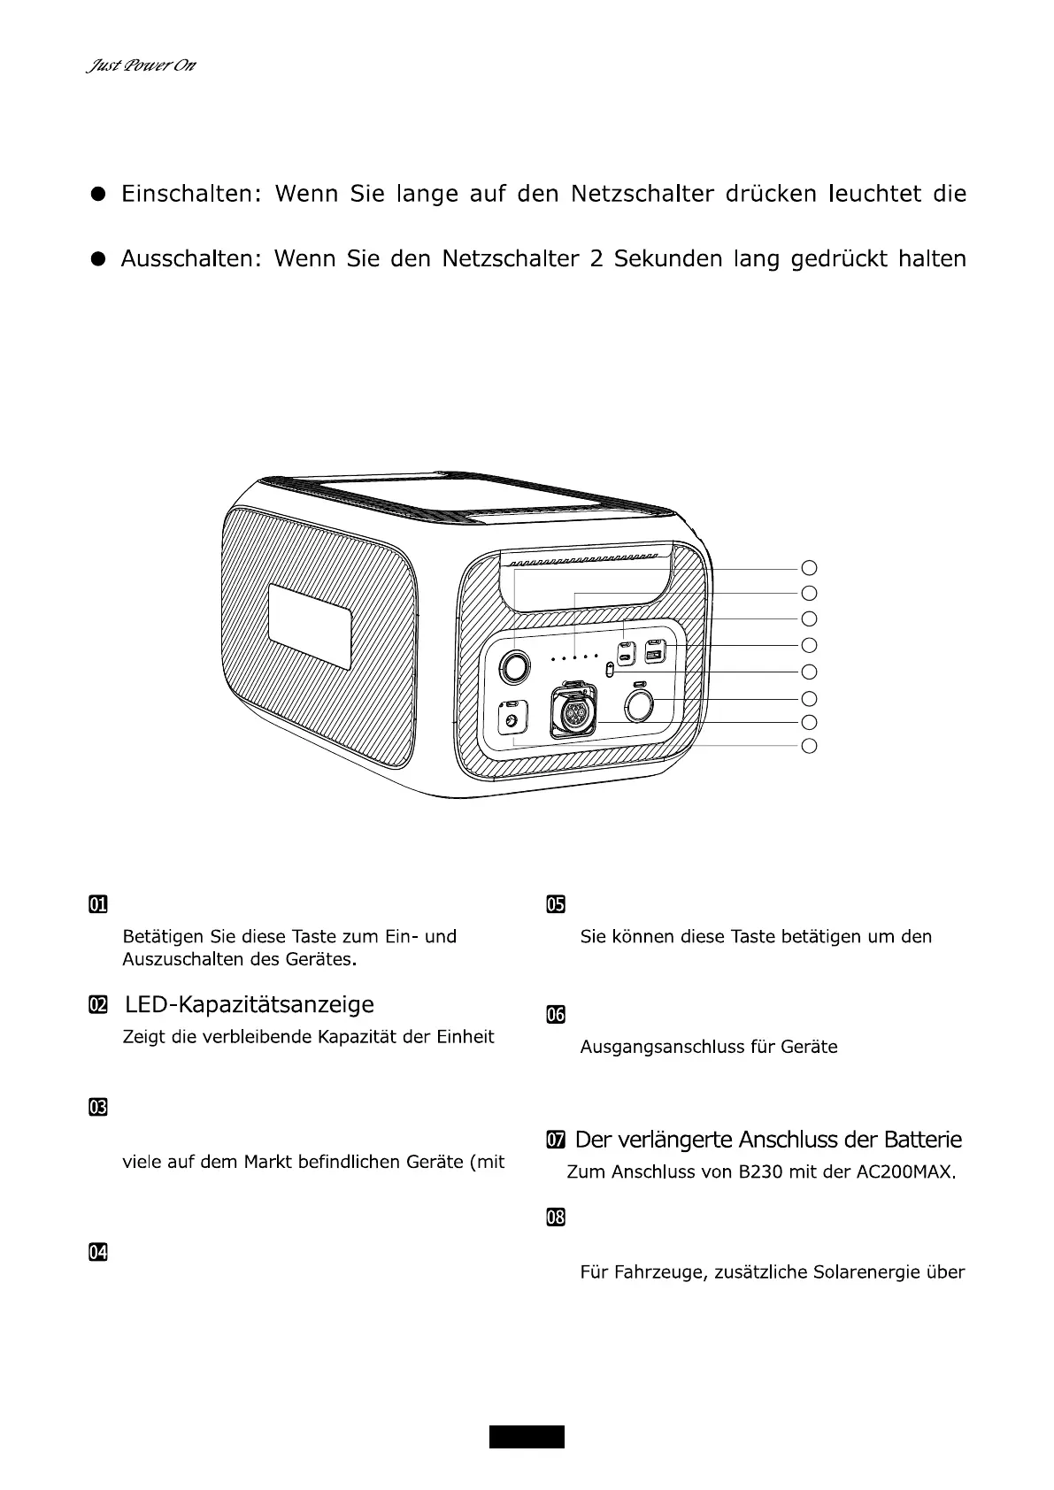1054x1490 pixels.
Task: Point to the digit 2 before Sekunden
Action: pyautogui.click(x=595, y=259)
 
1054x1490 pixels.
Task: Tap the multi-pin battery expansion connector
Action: pyautogui.click(x=574, y=713)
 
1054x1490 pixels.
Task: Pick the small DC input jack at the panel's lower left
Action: pyautogui.click(x=511, y=721)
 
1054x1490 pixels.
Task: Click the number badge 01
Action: pyautogui.click(x=97, y=904)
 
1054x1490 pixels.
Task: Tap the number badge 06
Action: pyautogui.click(x=555, y=1015)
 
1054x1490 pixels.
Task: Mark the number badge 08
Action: pyautogui.click(x=555, y=1217)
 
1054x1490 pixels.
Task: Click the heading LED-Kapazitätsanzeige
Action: pyautogui.click(x=250, y=1004)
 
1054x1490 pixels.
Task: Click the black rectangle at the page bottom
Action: pyautogui.click(x=527, y=1437)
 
